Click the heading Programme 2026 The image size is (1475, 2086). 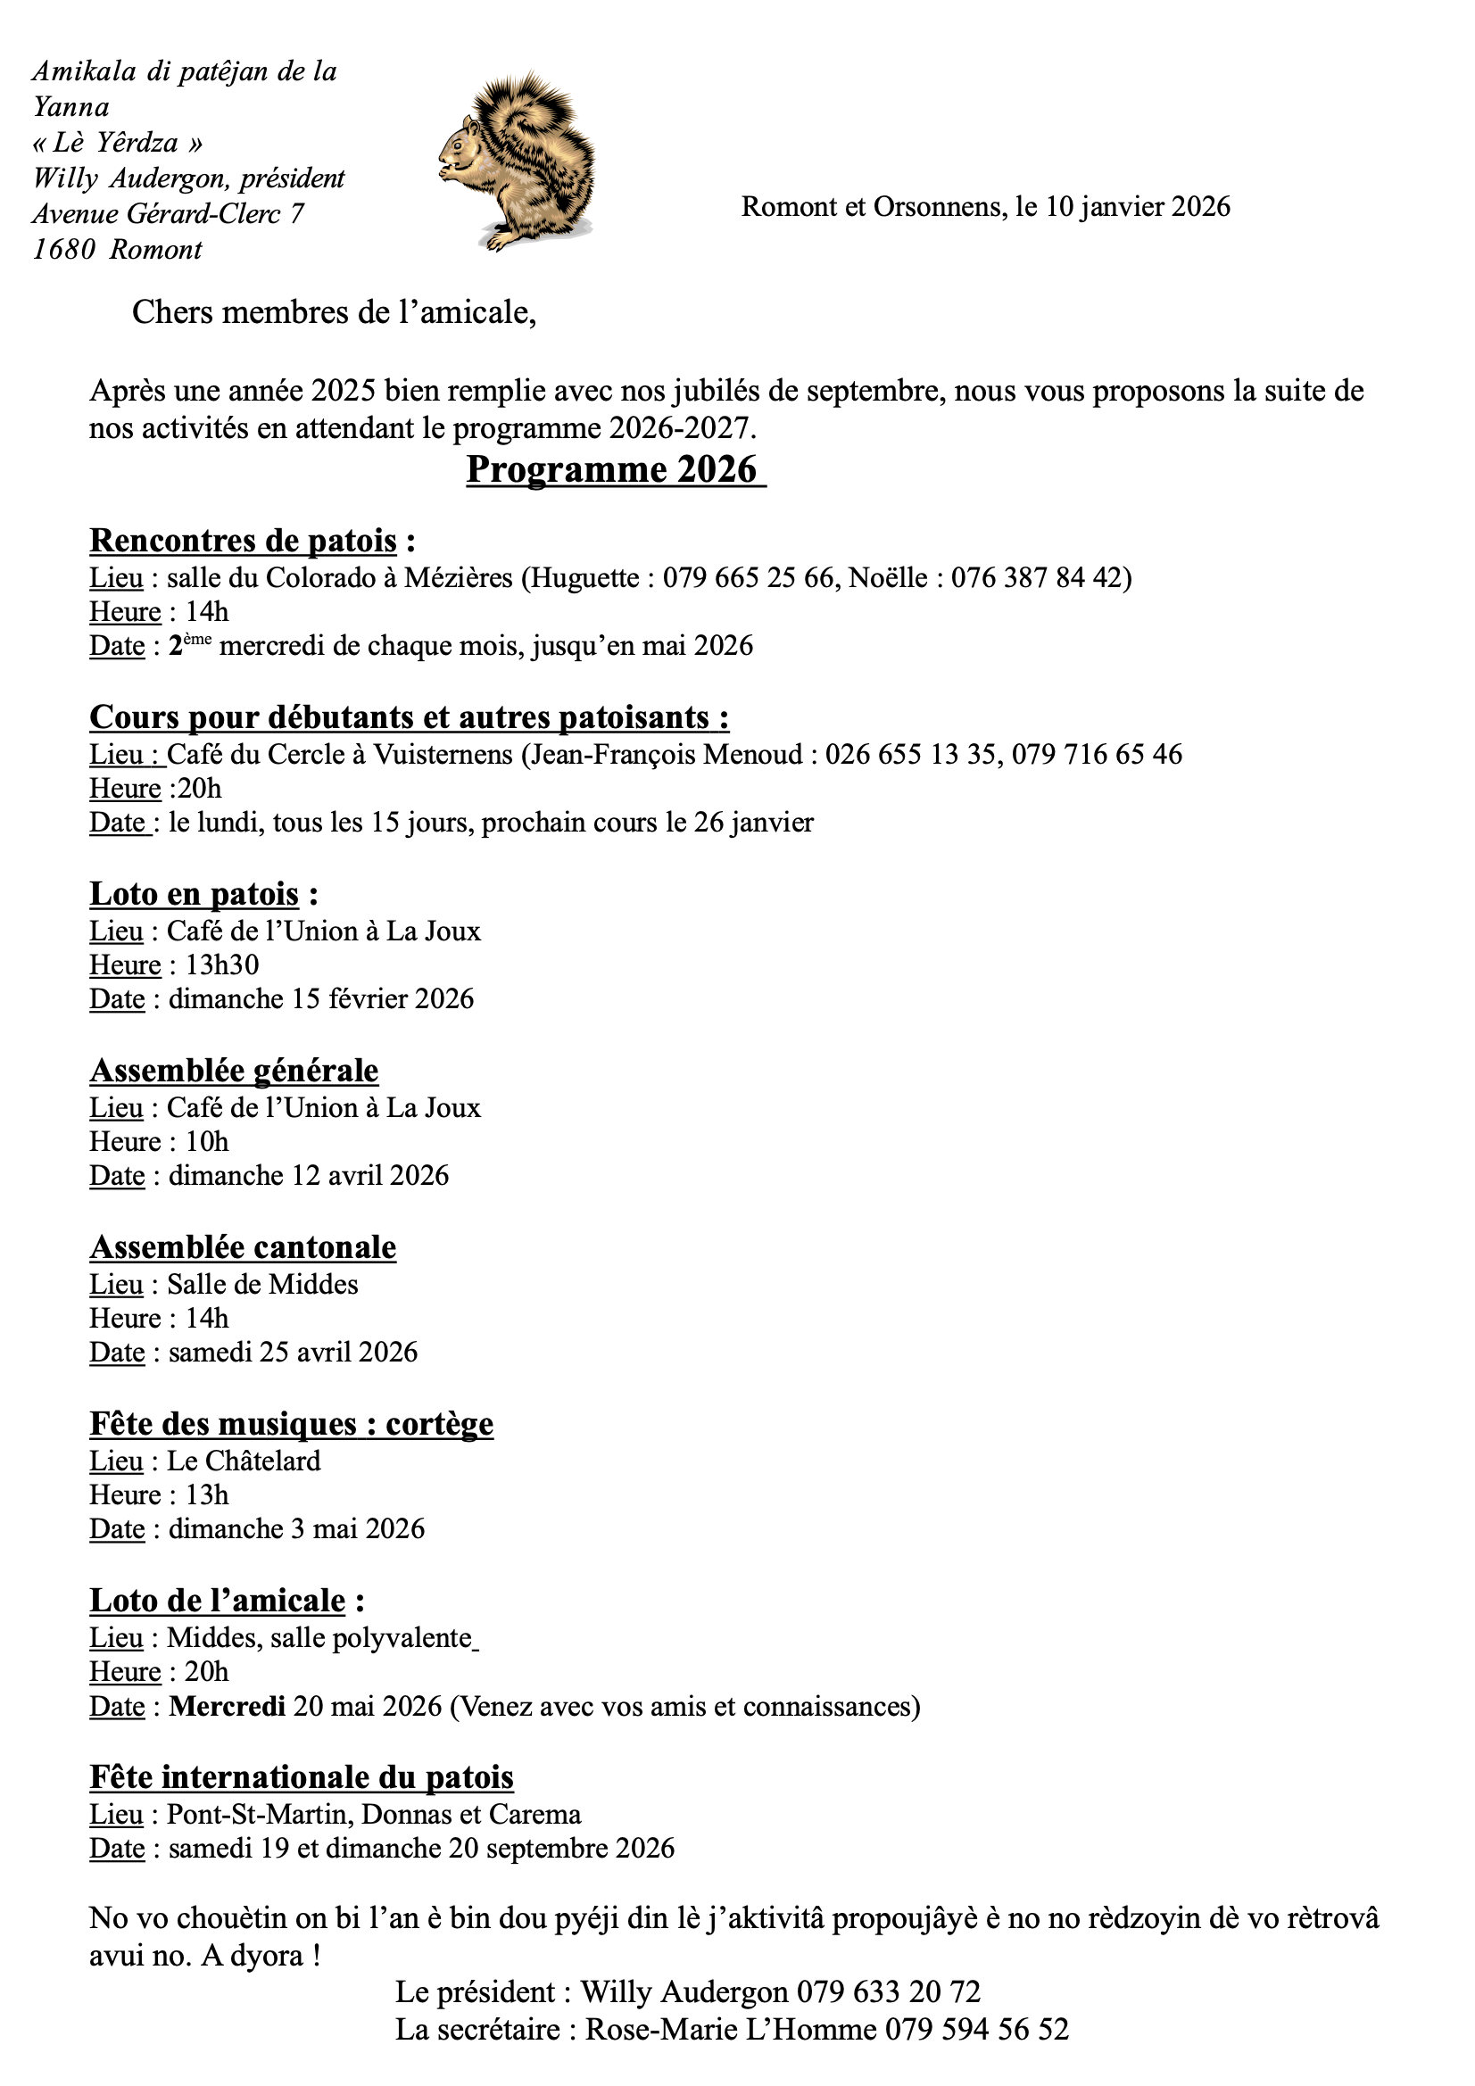610,469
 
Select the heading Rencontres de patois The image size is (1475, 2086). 243,541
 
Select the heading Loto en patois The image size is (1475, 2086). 194,894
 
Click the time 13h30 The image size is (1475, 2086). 222,964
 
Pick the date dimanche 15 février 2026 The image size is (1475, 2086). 321,999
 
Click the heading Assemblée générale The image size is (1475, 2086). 234,1071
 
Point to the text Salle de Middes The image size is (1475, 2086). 262,1284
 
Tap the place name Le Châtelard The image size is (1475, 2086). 244,1461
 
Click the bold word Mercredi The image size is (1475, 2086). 228,1706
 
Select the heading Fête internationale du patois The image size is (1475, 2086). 302,1777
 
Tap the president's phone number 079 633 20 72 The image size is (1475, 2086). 889,1991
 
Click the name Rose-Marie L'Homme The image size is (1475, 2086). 731,2029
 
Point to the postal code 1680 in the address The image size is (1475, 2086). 63,250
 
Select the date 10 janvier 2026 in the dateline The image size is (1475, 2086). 1137,207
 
